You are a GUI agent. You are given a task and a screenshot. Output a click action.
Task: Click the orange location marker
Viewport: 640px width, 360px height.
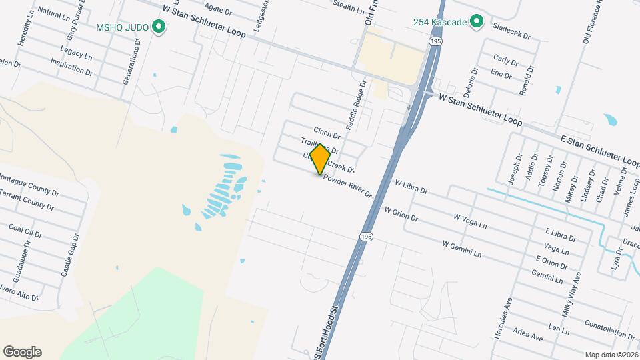tap(320, 159)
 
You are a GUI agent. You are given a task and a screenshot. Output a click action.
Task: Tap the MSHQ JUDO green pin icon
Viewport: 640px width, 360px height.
tap(159, 27)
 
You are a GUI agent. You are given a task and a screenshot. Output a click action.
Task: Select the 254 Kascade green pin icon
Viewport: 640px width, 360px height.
tap(476, 22)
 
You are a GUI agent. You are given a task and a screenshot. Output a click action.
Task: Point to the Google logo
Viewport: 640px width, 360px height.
tap(22, 352)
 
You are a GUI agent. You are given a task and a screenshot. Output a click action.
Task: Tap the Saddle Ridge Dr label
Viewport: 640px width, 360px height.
tap(356, 105)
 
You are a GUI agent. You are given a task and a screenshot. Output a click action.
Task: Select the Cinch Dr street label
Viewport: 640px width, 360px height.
tap(327, 133)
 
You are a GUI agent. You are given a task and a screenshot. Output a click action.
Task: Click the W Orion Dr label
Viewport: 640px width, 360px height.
tap(401, 213)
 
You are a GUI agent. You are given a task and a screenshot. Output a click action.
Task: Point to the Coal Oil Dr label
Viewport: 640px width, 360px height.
tap(25, 231)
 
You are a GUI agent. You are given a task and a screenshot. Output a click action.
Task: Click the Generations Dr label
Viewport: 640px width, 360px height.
tap(131, 59)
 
